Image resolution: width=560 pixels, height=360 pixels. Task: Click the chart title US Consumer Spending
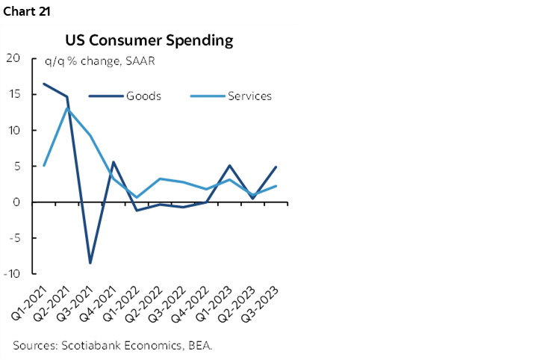click(x=149, y=40)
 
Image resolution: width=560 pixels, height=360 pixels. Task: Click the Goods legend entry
click(x=143, y=96)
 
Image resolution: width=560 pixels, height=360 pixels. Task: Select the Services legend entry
click(x=249, y=96)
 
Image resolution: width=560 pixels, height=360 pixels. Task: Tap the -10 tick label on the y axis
click(x=11, y=273)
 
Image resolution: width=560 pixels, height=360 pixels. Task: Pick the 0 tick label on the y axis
click(x=15, y=202)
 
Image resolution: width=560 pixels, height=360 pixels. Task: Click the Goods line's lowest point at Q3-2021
click(x=90, y=263)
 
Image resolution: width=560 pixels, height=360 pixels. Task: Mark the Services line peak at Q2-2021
click(x=67, y=108)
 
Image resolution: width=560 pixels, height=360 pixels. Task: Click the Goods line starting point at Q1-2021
click(x=44, y=84)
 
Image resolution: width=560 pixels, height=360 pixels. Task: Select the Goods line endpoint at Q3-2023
click(x=276, y=167)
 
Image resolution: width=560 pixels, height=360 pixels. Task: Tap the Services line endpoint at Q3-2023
click(x=276, y=186)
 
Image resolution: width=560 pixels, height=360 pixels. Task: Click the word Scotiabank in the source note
click(x=87, y=345)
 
